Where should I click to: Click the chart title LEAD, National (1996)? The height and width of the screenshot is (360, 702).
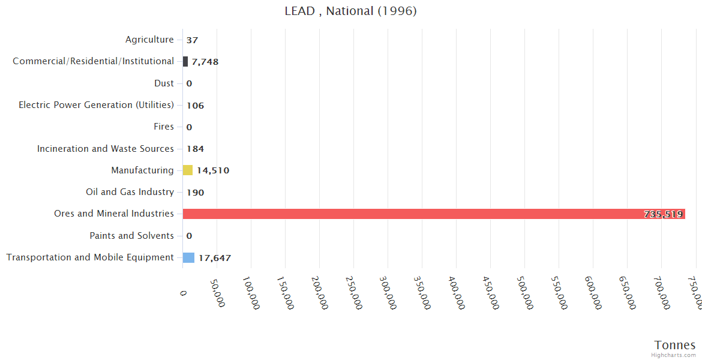pos(350,11)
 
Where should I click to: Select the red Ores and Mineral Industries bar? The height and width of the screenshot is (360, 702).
pos(433,214)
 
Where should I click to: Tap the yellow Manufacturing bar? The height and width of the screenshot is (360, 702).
pos(188,170)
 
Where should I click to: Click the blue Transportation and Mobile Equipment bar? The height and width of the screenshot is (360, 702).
pos(188,257)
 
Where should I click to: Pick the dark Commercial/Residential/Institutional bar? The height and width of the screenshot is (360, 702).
pos(185,61)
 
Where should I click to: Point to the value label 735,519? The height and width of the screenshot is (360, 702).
pos(663,214)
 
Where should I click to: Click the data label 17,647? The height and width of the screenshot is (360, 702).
pos(214,258)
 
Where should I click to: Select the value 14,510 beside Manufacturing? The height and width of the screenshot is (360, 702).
pos(213,170)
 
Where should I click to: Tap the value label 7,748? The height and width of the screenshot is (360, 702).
pos(205,62)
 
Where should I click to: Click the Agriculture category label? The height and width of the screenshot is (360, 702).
pos(149,40)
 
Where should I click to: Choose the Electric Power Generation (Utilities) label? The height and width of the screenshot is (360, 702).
pos(96,105)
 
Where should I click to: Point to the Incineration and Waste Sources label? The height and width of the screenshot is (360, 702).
pos(105,149)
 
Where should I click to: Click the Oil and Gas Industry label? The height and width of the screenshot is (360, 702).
pos(130,192)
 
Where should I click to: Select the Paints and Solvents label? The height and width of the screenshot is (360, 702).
pos(131,236)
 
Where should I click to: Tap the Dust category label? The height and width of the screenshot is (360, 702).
pos(164,83)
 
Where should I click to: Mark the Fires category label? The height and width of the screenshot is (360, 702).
pos(164,127)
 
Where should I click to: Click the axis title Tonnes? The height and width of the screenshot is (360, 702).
pos(674,345)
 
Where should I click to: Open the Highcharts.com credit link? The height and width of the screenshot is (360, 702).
pos(674,355)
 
